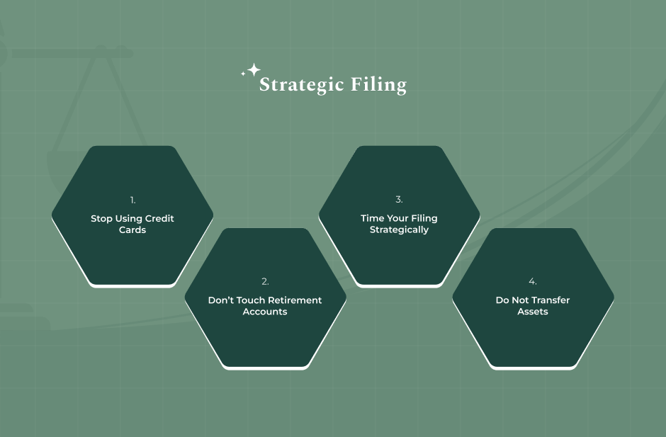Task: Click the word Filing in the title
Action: click(379, 86)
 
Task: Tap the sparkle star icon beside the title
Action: click(252, 71)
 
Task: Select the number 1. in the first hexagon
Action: click(132, 200)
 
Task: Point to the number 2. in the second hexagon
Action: click(265, 282)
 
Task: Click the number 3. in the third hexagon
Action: click(399, 200)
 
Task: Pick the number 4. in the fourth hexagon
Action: click(532, 282)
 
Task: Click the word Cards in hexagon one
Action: click(132, 230)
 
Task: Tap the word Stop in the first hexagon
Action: click(101, 219)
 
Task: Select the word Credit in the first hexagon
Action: click(160, 219)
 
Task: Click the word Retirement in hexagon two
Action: click(295, 300)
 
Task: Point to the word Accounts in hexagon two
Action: click(265, 312)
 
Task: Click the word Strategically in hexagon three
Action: click(399, 230)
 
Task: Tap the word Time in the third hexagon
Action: click(372, 219)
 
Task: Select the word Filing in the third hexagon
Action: click(424, 219)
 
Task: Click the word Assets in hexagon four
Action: click(533, 312)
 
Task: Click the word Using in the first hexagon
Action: click(129, 219)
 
